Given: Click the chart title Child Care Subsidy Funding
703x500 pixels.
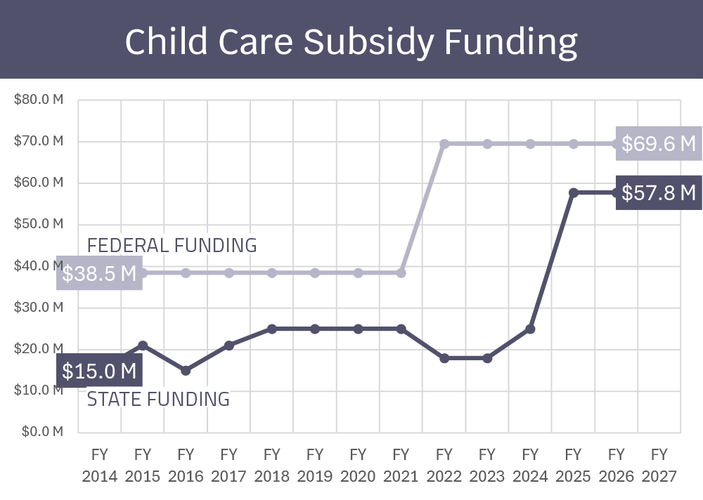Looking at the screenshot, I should click(351, 41).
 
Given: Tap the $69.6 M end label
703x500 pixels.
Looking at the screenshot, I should click(659, 144).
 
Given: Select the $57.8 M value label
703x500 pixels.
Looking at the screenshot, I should click(659, 192).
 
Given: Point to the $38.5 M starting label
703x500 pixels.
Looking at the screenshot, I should click(99, 273).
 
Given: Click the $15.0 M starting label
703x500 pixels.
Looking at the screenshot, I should click(99, 370).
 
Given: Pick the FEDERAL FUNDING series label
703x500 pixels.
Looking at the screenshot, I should click(172, 245).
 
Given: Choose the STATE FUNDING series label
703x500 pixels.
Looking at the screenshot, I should click(158, 399).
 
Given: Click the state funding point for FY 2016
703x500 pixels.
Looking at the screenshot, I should click(186, 370).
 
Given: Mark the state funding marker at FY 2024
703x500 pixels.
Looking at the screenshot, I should click(530, 329).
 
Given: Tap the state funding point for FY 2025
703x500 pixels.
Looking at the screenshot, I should click(574, 192).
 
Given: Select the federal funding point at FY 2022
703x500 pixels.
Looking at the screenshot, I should click(444, 144).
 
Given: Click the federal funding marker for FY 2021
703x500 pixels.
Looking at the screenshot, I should click(401, 272).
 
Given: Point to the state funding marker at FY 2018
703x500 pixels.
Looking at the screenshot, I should click(272, 329).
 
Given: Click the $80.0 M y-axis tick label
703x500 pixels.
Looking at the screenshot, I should click(39, 100).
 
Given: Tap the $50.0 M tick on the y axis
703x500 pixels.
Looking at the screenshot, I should click(39, 224).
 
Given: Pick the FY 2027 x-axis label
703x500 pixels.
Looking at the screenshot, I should click(659, 465).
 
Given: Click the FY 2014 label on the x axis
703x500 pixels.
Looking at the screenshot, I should click(99, 465).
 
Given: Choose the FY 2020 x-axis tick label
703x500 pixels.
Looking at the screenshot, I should click(358, 465).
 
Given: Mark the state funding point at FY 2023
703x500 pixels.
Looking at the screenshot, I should click(487, 358).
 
